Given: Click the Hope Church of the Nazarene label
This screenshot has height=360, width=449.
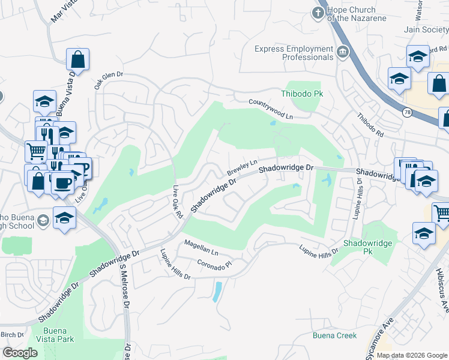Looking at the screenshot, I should click(x=351, y=14).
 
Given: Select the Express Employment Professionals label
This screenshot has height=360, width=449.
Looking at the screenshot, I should click(x=293, y=53).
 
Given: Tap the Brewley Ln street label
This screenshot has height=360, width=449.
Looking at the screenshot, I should click(x=242, y=168).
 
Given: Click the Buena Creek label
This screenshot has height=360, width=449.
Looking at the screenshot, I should click(x=334, y=335).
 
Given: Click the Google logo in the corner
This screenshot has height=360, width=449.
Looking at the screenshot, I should click(x=20, y=353).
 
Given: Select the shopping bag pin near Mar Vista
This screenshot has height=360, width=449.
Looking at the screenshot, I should click(x=77, y=59).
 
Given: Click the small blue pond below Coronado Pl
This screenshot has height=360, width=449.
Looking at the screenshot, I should click(x=216, y=292).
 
